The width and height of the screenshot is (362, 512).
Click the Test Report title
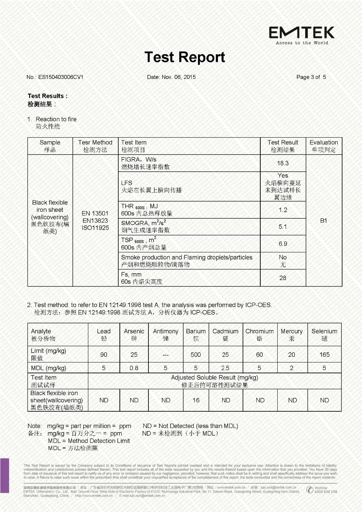pyautogui.click(x=185, y=57)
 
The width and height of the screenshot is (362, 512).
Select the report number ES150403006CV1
pyautogui.click(x=60, y=77)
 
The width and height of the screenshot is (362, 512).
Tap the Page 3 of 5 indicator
pyautogui.click(x=311, y=77)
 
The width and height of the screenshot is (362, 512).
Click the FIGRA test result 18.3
pyautogui.click(x=283, y=163)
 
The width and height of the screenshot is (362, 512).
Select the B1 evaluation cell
pyautogui.click(x=324, y=221)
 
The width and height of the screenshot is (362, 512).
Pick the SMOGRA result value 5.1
pyautogui.click(x=283, y=227)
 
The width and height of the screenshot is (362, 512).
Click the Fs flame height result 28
pyautogui.click(x=283, y=278)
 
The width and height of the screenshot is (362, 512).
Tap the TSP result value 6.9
pyautogui.click(x=283, y=244)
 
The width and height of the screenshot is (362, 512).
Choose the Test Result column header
pyautogui.click(x=283, y=146)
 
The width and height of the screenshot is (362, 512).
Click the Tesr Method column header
pyautogui.click(x=95, y=146)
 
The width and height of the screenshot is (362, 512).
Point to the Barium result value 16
pyautogui.click(x=196, y=400)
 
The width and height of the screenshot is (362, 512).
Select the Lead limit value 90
pyautogui.click(x=104, y=354)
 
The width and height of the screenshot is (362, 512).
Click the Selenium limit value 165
pyautogui.click(x=324, y=354)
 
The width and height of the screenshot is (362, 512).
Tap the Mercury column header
pyautogui.click(x=291, y=335)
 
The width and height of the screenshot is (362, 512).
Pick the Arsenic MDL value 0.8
pyautogui.click(x=134, y=368)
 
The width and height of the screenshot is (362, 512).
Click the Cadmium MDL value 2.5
pyautogui.click(x=225, y=368)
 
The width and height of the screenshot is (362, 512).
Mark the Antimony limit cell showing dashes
pyautogui.click(x=165, y=355)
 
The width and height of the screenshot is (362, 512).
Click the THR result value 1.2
pyautogui.click(x=283, y=210)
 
